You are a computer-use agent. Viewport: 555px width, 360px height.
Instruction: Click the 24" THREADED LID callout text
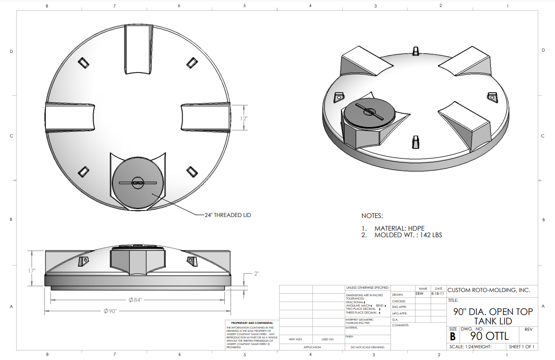coord(228,215)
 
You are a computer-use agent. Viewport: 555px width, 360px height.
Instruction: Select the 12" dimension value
coord(244,119)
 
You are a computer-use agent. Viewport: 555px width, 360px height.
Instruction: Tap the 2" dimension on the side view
coord(256,273)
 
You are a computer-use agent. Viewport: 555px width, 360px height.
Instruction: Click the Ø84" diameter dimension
coord(135,300)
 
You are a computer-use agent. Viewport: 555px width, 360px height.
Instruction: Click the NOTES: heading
coord(372,216)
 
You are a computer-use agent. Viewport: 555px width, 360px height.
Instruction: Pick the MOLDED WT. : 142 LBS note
coord(407,235)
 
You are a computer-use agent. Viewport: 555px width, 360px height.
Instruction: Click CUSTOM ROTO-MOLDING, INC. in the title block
coord(489,291)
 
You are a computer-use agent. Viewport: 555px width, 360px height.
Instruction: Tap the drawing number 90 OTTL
coord(489,337)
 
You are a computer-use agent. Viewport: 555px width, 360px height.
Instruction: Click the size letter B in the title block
coord(453,337)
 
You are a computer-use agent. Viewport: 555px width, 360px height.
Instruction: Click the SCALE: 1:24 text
coord(463,347)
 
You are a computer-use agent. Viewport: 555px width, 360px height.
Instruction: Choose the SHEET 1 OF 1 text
coord(522,347)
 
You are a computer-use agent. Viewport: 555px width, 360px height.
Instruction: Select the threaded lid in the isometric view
coord(369,112)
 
